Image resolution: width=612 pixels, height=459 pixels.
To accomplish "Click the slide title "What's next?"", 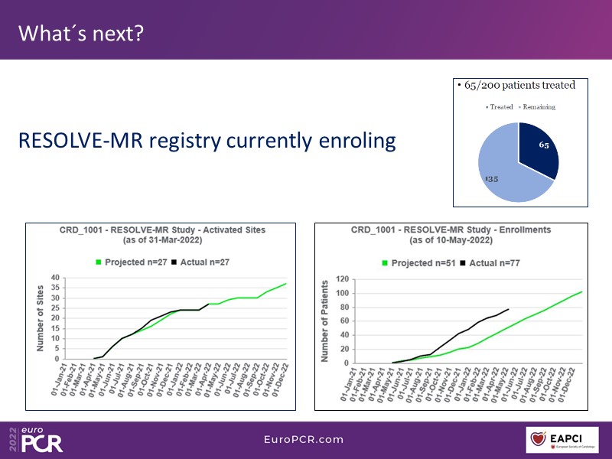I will pos(80,34).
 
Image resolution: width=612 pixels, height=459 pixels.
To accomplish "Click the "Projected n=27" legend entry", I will pos(136,262).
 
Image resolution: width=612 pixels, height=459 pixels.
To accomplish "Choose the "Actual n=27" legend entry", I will pos(200,262).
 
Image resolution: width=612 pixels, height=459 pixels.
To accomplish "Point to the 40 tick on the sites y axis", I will pos(54,278).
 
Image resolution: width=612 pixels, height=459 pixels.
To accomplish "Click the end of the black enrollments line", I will pos(509,309).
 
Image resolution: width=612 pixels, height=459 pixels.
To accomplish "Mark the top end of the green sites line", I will pos(286,284).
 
